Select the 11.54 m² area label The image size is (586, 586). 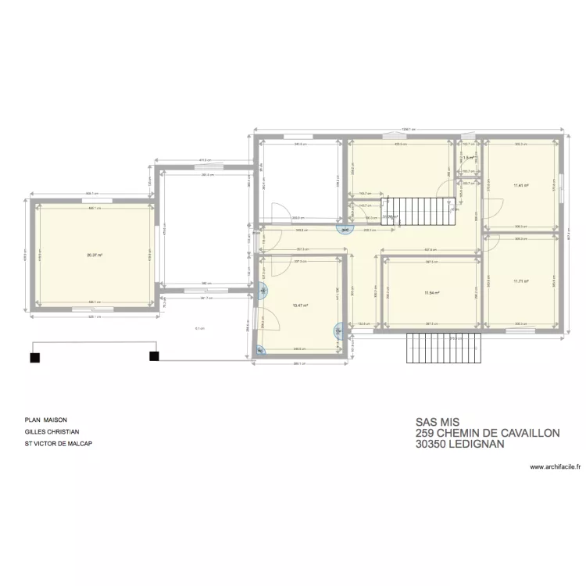[431, 294]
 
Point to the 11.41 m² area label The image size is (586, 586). [521, 185]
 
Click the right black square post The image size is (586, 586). [154, 357]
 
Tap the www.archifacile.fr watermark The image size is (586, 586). [556, 467]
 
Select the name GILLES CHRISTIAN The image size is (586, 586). [51, 431]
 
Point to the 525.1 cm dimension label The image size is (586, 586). [95, 317]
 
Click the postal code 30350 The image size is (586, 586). [431, 443]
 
